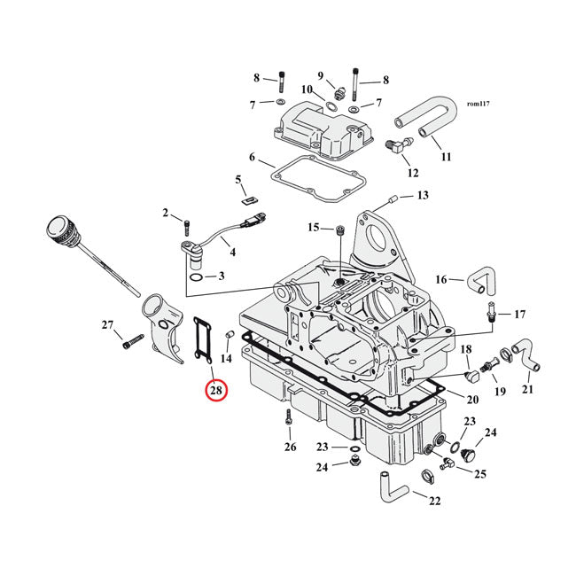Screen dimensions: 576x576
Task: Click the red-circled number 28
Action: point(216,388)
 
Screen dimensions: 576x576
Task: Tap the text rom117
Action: point(478,104)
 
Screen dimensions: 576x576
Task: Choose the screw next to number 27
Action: point(135,339)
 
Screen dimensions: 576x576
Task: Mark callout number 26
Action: point(290,447)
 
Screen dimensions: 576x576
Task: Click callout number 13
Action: point(422,195)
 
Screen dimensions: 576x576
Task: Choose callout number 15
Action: point(313,228)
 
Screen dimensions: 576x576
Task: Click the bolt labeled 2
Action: point(187,221)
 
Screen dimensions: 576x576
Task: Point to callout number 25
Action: point(480,475)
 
